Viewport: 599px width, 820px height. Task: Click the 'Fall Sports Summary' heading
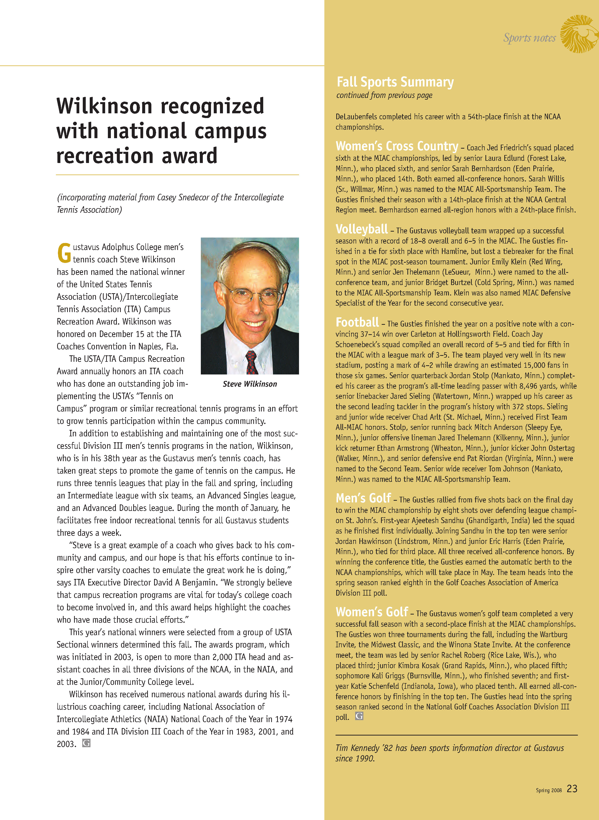pyautogui.click(x=395, y=82)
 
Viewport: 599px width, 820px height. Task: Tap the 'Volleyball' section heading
pyautogui.click(x=361, y=229)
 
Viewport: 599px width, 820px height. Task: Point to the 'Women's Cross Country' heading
pyautogui.click(x=397, y=146)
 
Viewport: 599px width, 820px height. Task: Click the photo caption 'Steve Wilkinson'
pyautogui.click(x=250, y=384)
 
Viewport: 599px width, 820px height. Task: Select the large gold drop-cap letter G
pyautogui.click(x=64, y=253)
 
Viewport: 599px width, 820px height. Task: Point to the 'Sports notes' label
pyautogui.click(x=529, y=38)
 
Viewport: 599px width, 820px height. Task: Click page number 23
pyautogui.click(x=572, y=788)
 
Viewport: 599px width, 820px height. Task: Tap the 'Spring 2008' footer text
pyautogui.click(x=549, y=790)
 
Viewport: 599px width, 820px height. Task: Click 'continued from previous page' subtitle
pyautogui.click(x=384, y=95)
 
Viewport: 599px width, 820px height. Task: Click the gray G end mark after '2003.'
pyautogui.click(x=86, y=743)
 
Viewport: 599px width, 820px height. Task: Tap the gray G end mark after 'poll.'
pyautogui.click(x=359, y=716)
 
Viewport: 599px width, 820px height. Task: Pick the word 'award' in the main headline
pyautogui.click(x=189, y=156)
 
